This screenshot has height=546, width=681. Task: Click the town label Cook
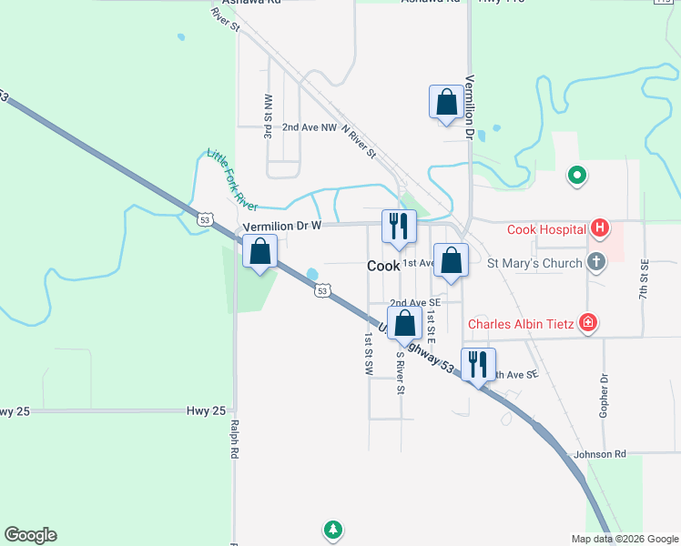coord(383,267)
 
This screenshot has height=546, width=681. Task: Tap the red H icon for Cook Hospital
coord(599,228)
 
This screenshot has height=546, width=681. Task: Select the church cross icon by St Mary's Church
coord(596,263)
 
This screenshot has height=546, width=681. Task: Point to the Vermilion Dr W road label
coord(282,227)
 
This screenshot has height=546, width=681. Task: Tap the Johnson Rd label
coord(600,453)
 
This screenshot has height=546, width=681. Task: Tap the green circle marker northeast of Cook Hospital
coord(575,176)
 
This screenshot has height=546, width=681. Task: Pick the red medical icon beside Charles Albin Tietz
coord(588,322)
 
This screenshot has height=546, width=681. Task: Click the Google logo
coord(30,535)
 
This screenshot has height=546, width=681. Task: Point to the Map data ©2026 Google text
coord(624,539)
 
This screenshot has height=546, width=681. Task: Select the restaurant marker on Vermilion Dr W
coord(399,226)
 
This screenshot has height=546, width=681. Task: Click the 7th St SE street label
coord(643,280)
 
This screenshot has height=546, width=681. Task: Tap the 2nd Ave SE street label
coord(415,303)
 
